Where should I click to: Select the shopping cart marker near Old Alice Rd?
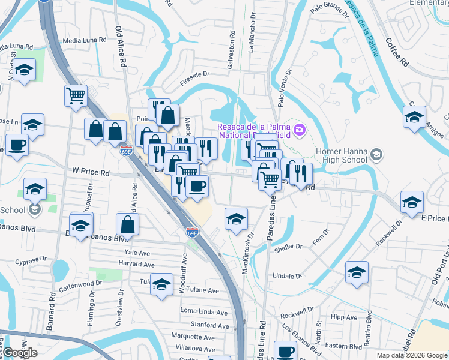pos(76,95)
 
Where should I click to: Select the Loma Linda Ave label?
pos(204,313)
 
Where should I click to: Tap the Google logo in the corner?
pos(20,353)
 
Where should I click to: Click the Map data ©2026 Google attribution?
pos(412,355)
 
